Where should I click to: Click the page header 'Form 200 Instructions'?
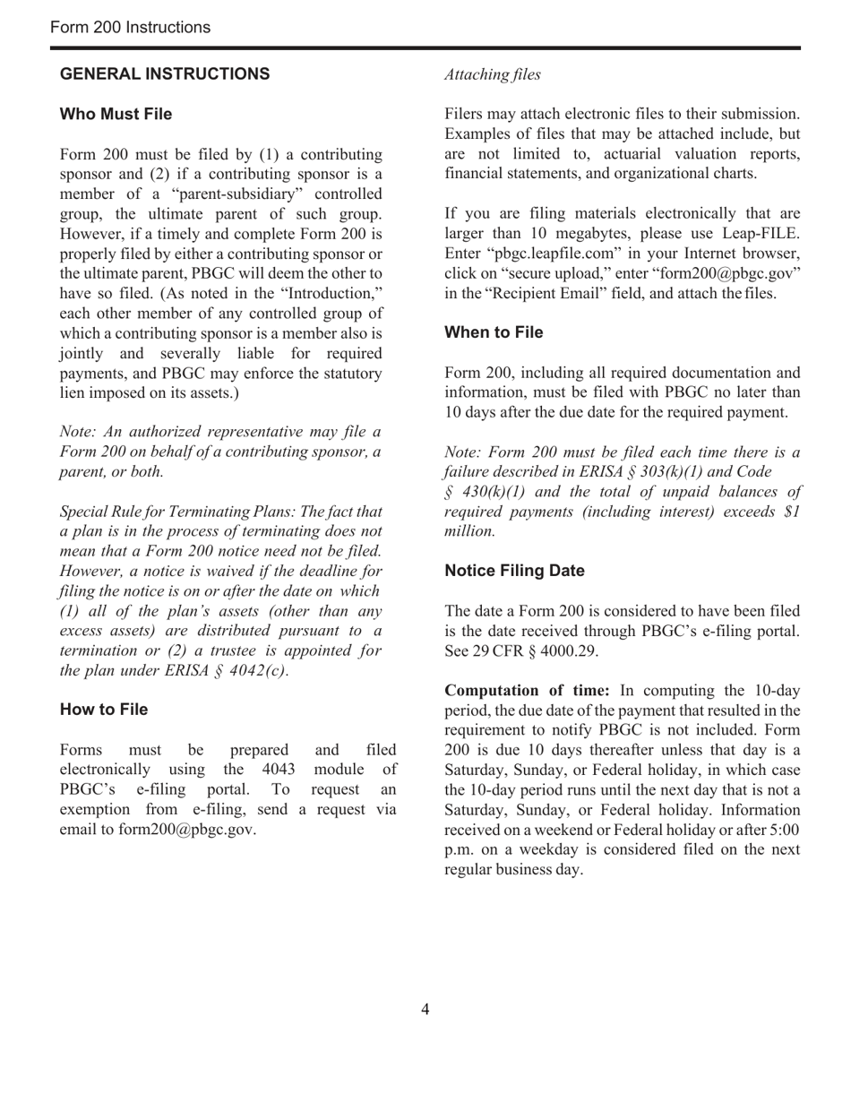tap(131, 28)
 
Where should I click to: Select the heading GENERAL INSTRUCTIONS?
tap(165, 74)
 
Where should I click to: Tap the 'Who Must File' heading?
tap(116, 115)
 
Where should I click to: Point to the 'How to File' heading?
tap(104, 710)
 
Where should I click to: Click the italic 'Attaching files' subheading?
tap(493, 75)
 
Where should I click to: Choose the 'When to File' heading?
tap(494, 332)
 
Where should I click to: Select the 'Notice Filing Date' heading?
tap(514, 571)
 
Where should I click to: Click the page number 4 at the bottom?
tap(425, 1010)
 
